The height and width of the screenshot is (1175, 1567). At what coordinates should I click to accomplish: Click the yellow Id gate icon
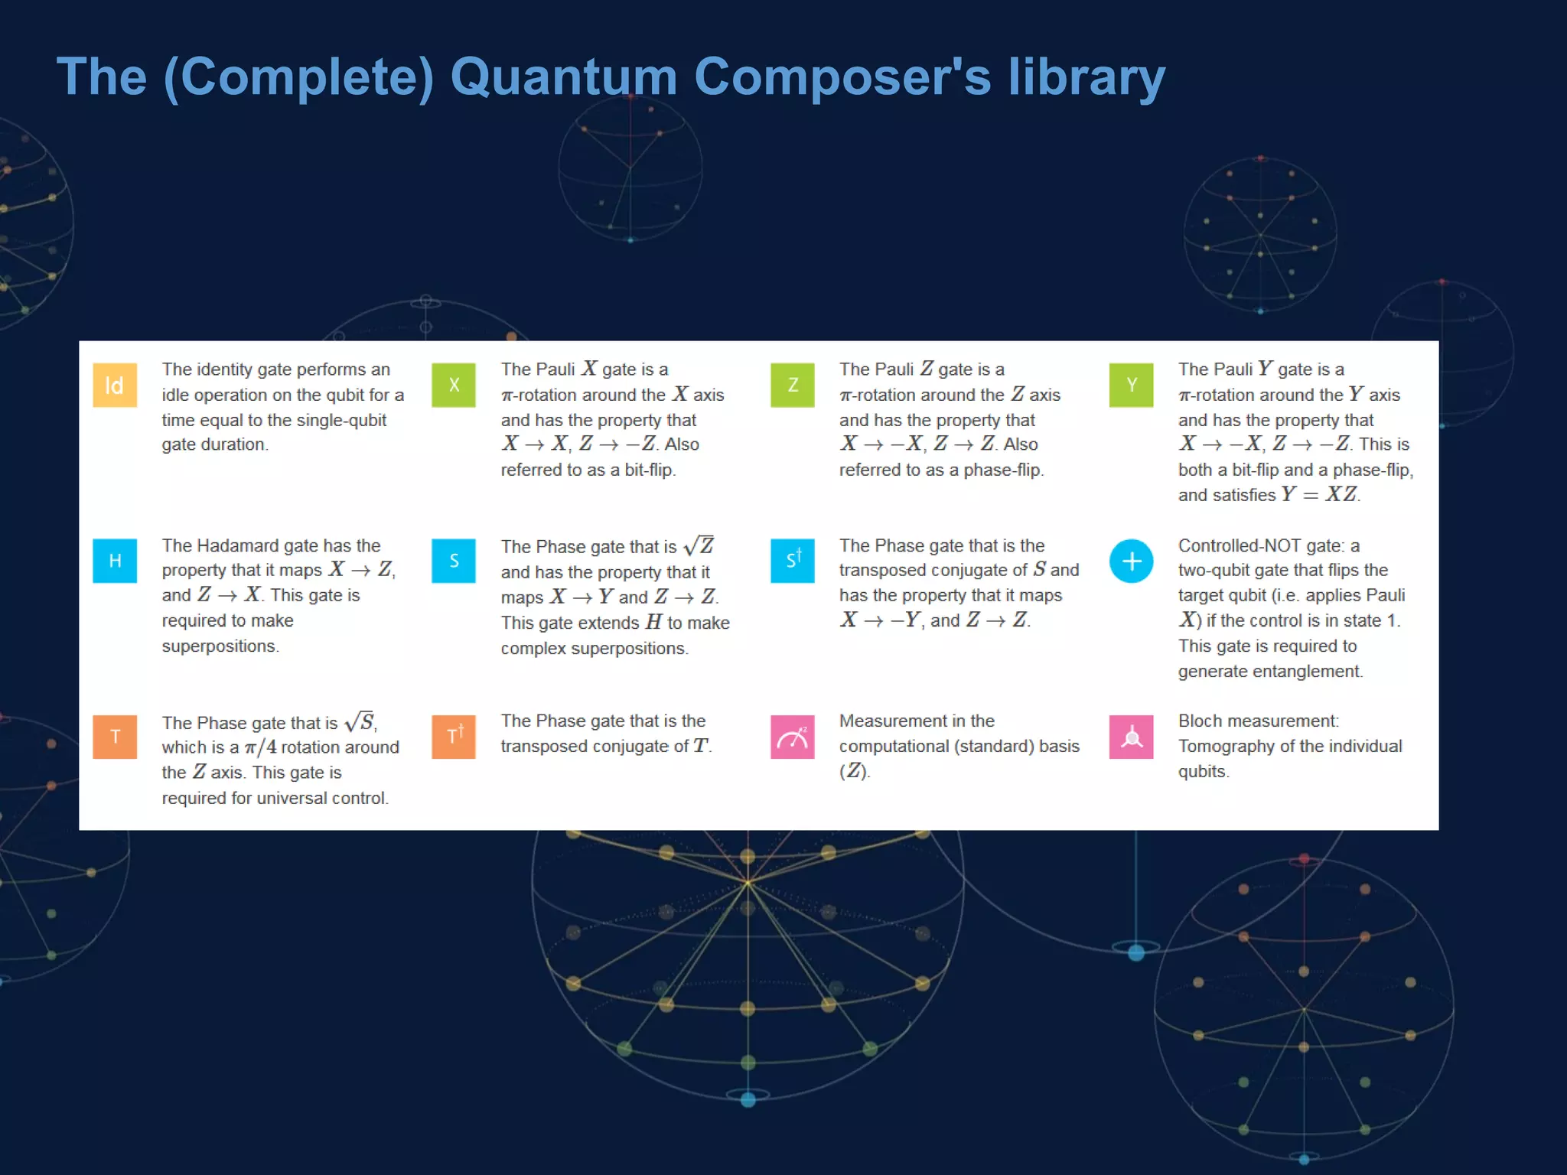pyautogui.click(x=115, y=385)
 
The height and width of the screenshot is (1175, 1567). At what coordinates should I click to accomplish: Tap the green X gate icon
pyautogui.click(x=454, y=385)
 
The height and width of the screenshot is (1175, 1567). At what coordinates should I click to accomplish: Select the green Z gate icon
pyautogui.click(x=793, y=385)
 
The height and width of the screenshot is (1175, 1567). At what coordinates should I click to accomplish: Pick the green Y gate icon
pyautogui.click(x=1131, y=385)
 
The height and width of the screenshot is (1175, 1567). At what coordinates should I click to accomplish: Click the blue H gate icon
pyautogui.click(x=115, y=561)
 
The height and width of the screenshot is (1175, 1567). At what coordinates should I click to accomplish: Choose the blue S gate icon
pyautogui.click(x=454, y=561)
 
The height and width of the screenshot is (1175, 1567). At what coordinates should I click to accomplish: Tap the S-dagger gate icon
pyautogui.click(x=793, y=561)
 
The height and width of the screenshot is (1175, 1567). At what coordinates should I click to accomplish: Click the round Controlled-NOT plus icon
pyautogui.click(x=1131, y=561)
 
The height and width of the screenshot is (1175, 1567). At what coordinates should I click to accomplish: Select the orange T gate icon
pyautogui.click(x=115, y=737)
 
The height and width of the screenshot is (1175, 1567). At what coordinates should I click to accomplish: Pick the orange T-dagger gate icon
pyautogui.click(x=454, y=737)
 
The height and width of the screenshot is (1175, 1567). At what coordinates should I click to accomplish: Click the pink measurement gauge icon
pyautogui.click(x=793, y=737)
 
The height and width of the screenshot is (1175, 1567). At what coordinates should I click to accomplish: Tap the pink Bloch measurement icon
pyautogui.click(x=1131, y=737)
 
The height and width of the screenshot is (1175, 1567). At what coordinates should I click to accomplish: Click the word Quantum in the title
pyautogui.click(x=564, y=77)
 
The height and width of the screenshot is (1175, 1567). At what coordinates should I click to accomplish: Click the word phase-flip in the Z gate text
pyautogui.click(x=1002, y=470)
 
